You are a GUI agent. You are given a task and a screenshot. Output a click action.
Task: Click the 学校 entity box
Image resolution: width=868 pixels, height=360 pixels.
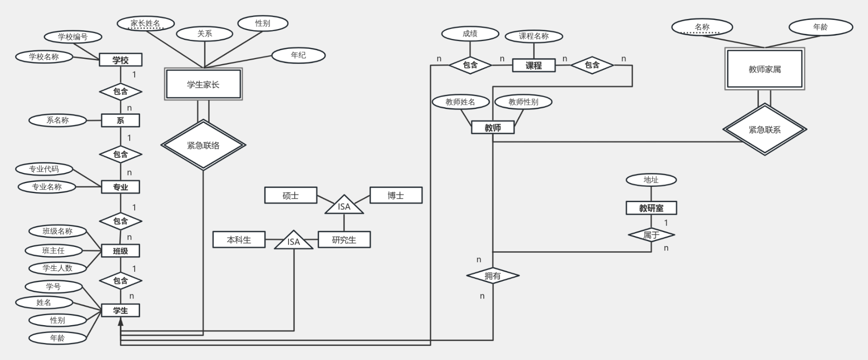point(121,60)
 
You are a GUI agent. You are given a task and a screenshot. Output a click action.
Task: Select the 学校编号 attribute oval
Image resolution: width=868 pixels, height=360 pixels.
point(73,37)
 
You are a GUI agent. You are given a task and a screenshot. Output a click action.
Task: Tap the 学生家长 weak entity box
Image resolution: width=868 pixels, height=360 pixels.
point(203,84)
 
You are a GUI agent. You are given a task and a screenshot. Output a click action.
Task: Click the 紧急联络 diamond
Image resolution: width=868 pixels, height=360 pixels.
point(203,145)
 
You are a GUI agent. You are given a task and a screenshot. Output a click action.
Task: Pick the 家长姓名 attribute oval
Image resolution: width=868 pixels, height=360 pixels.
point(145,24)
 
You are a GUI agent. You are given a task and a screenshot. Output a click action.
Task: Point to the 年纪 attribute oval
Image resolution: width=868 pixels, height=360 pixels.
point(298,55)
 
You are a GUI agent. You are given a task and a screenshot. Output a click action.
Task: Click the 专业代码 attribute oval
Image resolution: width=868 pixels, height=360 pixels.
point(44,169)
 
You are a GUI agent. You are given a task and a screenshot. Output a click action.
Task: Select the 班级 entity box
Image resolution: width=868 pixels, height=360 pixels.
point(120,251)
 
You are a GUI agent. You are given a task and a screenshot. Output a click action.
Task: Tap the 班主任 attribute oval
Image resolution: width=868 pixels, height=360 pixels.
point(53,251)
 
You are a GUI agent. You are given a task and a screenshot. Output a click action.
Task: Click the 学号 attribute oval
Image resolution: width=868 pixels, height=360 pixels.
point(53,287)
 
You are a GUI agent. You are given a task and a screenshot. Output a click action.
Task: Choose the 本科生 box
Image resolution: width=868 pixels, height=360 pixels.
point(239,240)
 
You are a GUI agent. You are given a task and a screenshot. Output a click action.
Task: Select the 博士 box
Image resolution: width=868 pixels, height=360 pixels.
point(396,195)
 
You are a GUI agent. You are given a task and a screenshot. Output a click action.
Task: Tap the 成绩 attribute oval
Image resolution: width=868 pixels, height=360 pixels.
point(470,33)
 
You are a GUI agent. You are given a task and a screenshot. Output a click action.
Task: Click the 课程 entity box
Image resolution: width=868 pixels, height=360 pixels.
point(533,65)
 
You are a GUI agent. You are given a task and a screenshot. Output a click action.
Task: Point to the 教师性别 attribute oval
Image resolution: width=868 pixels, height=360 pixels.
point(523,102)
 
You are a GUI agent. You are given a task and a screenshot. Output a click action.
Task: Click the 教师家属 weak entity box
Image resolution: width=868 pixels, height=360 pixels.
point(764,69)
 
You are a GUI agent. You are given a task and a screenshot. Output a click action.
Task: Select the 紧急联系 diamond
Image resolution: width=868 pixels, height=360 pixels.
point(764,130)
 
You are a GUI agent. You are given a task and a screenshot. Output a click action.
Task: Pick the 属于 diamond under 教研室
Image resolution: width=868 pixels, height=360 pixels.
point(651,235)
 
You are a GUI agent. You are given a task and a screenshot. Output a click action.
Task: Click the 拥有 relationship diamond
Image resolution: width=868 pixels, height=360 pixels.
point(492,275)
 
